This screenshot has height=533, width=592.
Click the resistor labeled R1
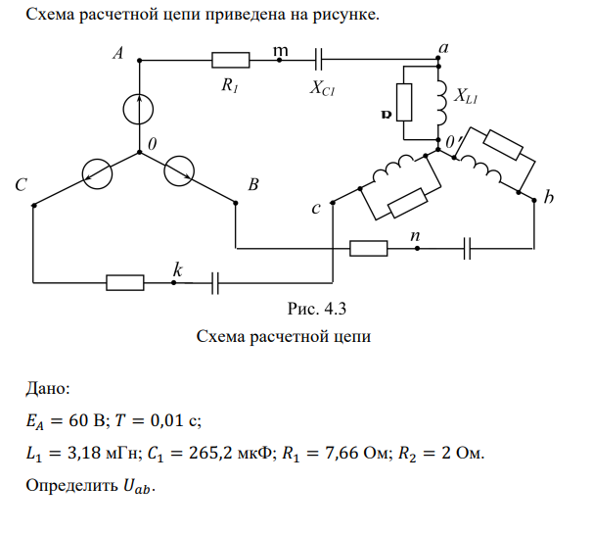click(231, 61)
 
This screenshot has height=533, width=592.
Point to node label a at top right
click(443, 47)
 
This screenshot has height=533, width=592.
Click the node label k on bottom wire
click(176, 267)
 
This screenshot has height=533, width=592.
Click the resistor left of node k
click(125, 282)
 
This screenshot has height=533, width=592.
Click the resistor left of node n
click(369, 249)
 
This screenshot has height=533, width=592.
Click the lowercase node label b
click(548, 199)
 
